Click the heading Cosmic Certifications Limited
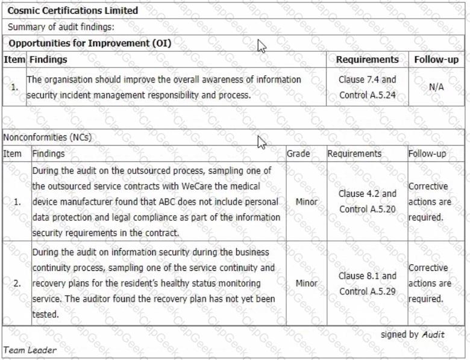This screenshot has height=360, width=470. point(73,11)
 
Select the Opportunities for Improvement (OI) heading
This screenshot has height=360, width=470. point(90,43)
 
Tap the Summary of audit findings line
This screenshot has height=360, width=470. point(61,27)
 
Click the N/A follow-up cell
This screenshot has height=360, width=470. point(436,87)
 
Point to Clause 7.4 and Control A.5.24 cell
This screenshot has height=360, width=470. point(368,87)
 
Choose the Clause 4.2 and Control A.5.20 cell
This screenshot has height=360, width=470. point(368,202)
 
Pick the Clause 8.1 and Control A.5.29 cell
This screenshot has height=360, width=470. point(368,284)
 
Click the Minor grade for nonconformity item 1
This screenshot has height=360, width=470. point(307,202)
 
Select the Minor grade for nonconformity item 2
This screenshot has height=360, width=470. point(307,283)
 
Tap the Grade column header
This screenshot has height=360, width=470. point(298,154)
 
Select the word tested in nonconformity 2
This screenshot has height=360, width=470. point(45,314)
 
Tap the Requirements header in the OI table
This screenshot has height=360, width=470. point(368,60)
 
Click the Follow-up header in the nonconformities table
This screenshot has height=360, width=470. point(427,154)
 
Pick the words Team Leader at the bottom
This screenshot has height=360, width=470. point(30,350)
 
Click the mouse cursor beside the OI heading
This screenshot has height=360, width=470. point(261,46)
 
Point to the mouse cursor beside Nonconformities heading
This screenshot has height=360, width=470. point(261,141)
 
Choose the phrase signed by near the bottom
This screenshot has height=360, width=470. point(399,335)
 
